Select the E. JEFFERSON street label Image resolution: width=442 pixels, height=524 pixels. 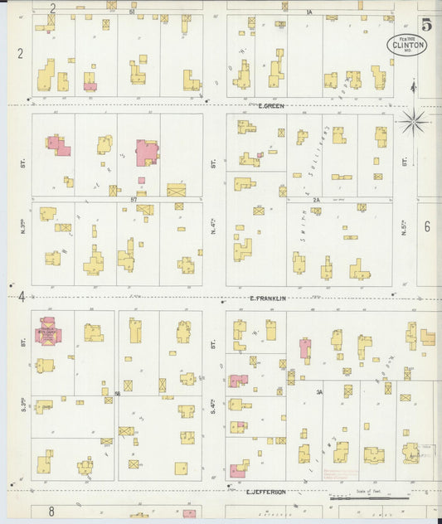[x=266, y=492]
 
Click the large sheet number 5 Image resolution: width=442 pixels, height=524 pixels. [x=426, y=25]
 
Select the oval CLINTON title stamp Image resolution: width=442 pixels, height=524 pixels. [x=407, y=45]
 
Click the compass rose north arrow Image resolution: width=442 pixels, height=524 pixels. [x=413, y=123]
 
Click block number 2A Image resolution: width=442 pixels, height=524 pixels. [x=316, y=200]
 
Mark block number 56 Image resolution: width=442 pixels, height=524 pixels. [x=118, y=392]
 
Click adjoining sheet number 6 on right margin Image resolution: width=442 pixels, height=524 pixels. [x=427, y=226]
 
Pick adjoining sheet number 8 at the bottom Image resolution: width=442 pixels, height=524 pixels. [x=51, y=512]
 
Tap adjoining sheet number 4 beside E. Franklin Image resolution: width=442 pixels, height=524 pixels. [x=21, y=296]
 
